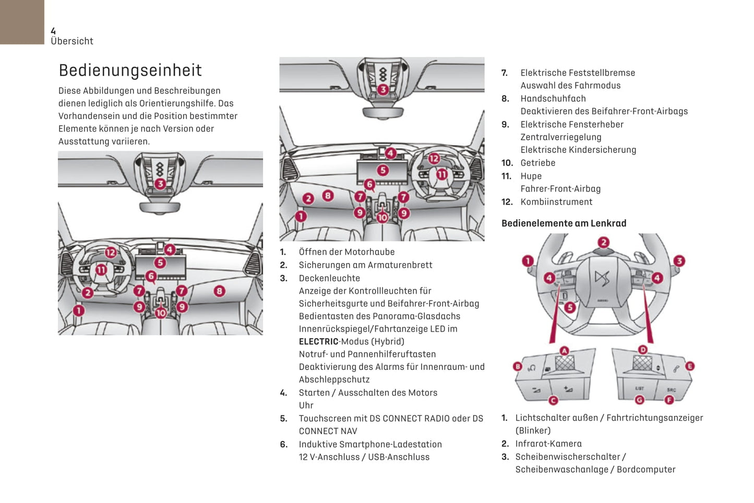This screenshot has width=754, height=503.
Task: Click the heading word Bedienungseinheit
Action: pos(130,70)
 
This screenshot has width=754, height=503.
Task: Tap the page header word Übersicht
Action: pos(72,41)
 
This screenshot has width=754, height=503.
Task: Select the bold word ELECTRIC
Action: pos(318,342)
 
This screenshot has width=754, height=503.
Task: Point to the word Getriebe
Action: pos(538,163)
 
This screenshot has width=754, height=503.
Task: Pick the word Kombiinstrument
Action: pos(556,202)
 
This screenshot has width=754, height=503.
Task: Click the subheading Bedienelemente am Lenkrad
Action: pos(564,223)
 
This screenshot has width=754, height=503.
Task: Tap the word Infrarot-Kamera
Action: pos(548,444)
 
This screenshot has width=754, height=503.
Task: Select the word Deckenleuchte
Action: pos(329,279)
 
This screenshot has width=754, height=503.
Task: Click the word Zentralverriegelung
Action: pos(561,137)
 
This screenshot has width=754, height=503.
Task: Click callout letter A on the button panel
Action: pos(564,351)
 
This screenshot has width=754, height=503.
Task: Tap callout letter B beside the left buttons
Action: pos(518,366)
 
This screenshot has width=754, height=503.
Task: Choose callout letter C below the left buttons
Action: pos(553,400)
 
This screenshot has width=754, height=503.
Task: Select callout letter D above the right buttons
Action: pos(643,350)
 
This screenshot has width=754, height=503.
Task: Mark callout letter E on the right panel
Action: pos(690,366)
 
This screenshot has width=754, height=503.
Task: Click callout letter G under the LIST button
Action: pos(639,400)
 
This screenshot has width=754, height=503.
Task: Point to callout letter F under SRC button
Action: pos(669,400)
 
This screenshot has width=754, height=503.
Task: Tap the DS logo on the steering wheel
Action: pos(602,278)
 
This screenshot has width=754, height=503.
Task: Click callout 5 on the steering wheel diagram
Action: pos(570,307)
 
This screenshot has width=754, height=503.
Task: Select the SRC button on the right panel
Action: pos(671,390)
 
